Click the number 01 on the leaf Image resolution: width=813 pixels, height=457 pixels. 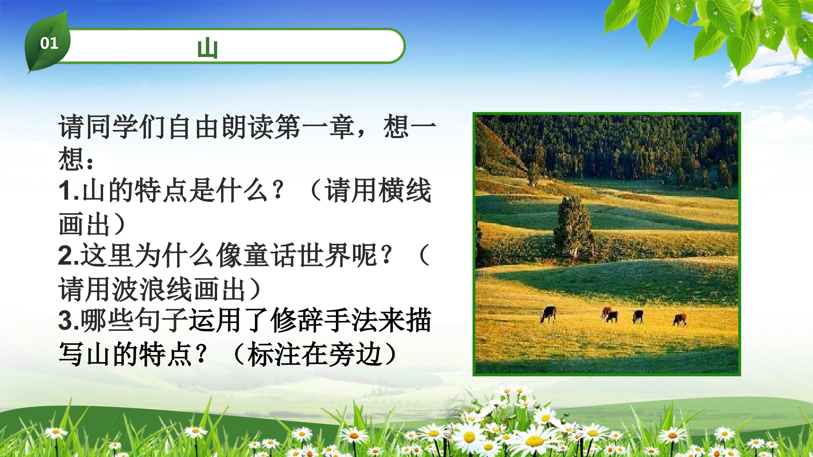[x=49, y=43]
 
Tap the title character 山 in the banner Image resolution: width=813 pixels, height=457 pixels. [x=207, y=48]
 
